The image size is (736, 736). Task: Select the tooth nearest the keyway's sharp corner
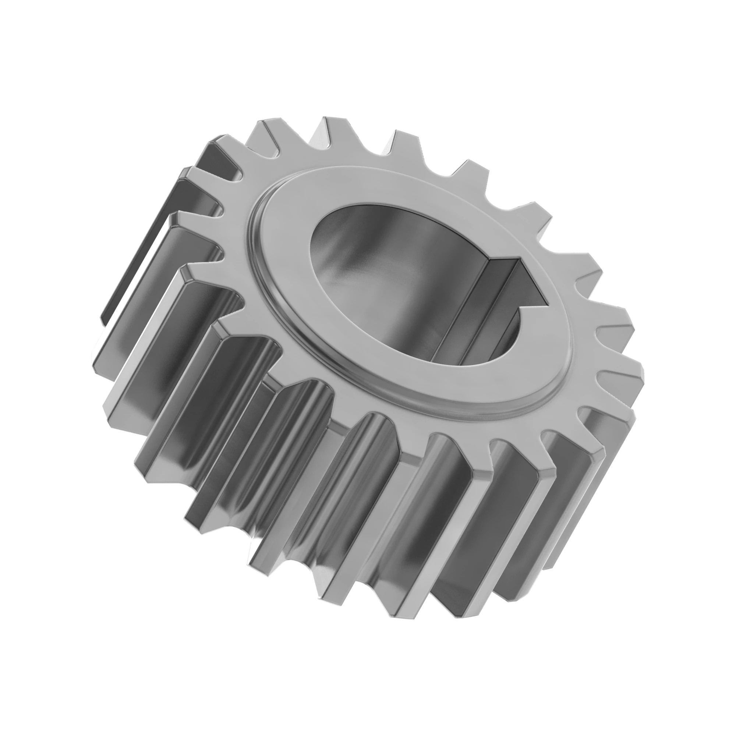coord(587,263)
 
